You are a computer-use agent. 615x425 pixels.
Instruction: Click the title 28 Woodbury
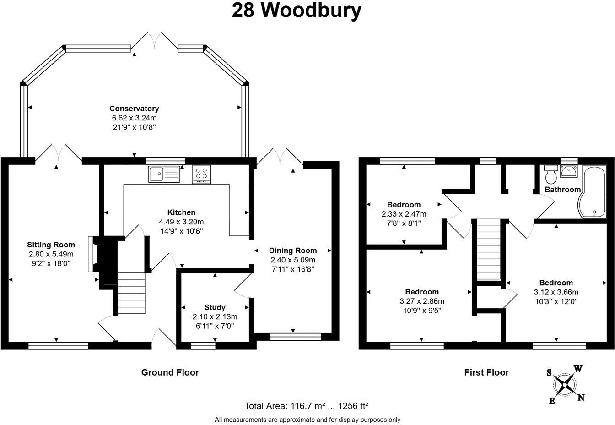pyautogui.click(x=297, y=11)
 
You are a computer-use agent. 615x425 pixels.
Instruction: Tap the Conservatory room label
pyautogui.click(x=134, y=109)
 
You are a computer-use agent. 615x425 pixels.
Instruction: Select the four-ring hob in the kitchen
pyautogui.click(x=202, y=174)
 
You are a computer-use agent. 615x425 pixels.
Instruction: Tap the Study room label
pyautogui.click(x=215, y=307)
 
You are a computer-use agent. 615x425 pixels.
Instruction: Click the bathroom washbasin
pyautogui.click(x=569, y=172)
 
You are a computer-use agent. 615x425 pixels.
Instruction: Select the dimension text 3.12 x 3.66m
pyautogui.click(x=556, y=292)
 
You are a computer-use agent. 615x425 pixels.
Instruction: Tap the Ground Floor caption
pyautogui.click(x=170, y=372)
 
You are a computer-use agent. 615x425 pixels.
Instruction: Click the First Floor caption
pyautogui.click(x=486, y=372)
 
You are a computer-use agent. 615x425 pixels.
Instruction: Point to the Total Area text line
pyautogui.click(x=307, y=405)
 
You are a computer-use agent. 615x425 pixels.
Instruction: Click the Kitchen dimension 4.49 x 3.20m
pyautogui.click(x=181, y=222)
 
